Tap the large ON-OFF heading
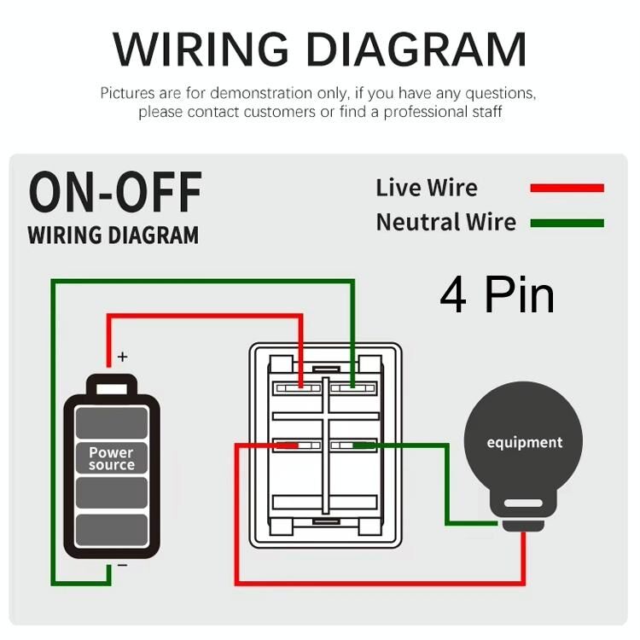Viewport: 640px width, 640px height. pos(115,192)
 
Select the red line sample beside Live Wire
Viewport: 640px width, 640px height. pos(567,188)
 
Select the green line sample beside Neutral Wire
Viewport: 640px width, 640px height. pos(567,224)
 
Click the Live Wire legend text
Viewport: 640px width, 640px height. pos(427,188)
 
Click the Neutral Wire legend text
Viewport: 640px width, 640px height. pos(445,223)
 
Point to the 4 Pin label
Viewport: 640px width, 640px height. pos(497,294)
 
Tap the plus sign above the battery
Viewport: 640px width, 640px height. pos(122,357)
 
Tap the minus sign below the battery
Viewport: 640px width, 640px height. pos(122,565)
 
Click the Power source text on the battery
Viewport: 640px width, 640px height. pos(112,458)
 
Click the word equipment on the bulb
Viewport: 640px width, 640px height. pos(525,442)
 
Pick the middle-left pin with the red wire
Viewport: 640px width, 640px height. pos(296,445)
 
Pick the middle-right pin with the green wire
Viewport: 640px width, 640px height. pos(353,445)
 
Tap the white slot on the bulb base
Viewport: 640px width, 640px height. pos(524,504)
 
